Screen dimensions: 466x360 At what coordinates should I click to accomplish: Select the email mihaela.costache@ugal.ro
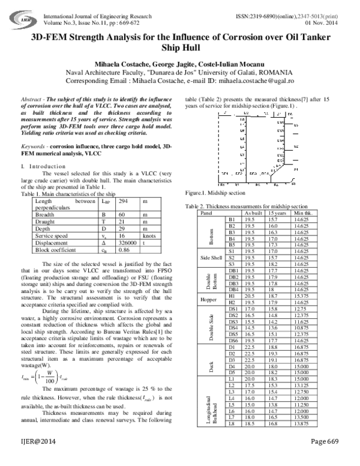click(x=247, y=80)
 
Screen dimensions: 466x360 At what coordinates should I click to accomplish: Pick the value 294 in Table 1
click(x=124, y=202)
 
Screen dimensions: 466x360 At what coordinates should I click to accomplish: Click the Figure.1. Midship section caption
click(x=215, y=194)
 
